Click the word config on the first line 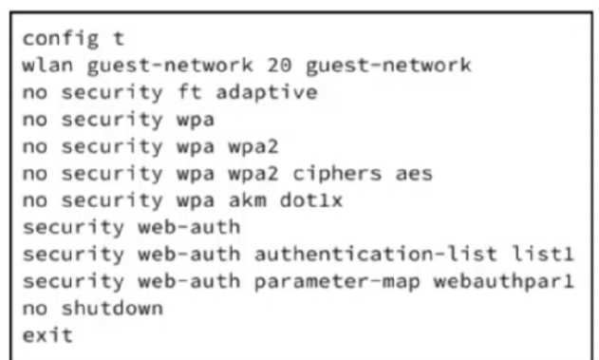(61, 39)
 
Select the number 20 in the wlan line (279, 65)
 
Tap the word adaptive (267, 93)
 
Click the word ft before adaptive (190, 92)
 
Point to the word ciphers (337, 174)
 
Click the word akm (247, 200)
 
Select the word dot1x (311, 200)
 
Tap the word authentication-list (376, 255)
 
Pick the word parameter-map (337, 282)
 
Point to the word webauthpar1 (503, 282)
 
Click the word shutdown (112, 309)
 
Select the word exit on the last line (47, 335)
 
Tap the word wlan (47, 65)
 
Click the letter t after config (119, 38)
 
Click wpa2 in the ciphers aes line (253, 174)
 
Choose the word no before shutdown (35, 309)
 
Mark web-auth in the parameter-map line (189, 281)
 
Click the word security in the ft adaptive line (112, 93)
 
